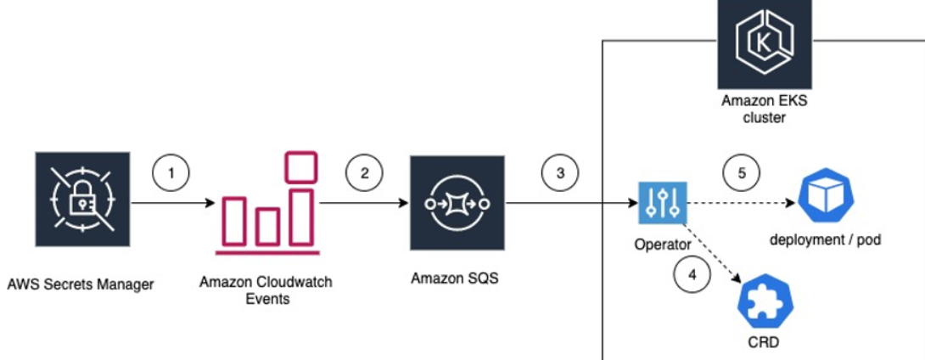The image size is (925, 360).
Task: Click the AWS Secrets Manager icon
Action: point(82,201)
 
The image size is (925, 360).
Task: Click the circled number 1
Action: point(172,172)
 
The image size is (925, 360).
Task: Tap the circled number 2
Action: point(365,172)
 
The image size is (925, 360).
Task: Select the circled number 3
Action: point(559,172)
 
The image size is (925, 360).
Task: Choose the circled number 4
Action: point(691,274)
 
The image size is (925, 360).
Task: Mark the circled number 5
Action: point(741,172)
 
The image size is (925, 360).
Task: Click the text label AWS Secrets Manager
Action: point(81,284)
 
